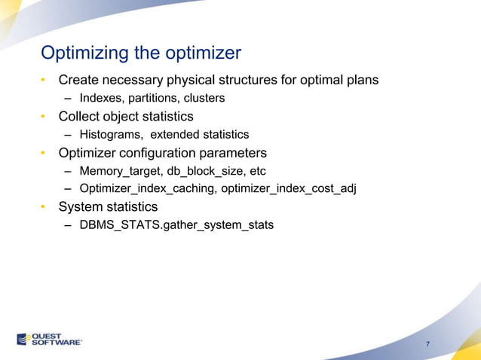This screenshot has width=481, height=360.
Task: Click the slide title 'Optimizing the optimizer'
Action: (141, 53)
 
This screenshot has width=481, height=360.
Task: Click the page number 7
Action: (427, 344)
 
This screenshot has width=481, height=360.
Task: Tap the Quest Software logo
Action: (50, 339)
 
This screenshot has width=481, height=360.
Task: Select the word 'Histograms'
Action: (111, 135)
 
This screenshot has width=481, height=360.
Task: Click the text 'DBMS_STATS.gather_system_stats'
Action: (176, 224)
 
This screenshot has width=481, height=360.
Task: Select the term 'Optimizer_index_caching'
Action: (149, 188)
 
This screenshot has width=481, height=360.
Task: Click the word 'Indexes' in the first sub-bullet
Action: (100, 98)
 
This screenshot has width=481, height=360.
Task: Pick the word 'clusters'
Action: (203, 98)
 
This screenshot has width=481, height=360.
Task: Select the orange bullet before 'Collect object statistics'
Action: (44, 117)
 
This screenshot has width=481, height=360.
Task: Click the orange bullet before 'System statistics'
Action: (44, 206)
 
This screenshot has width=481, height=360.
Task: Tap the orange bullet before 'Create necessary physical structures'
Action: (44, 80)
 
